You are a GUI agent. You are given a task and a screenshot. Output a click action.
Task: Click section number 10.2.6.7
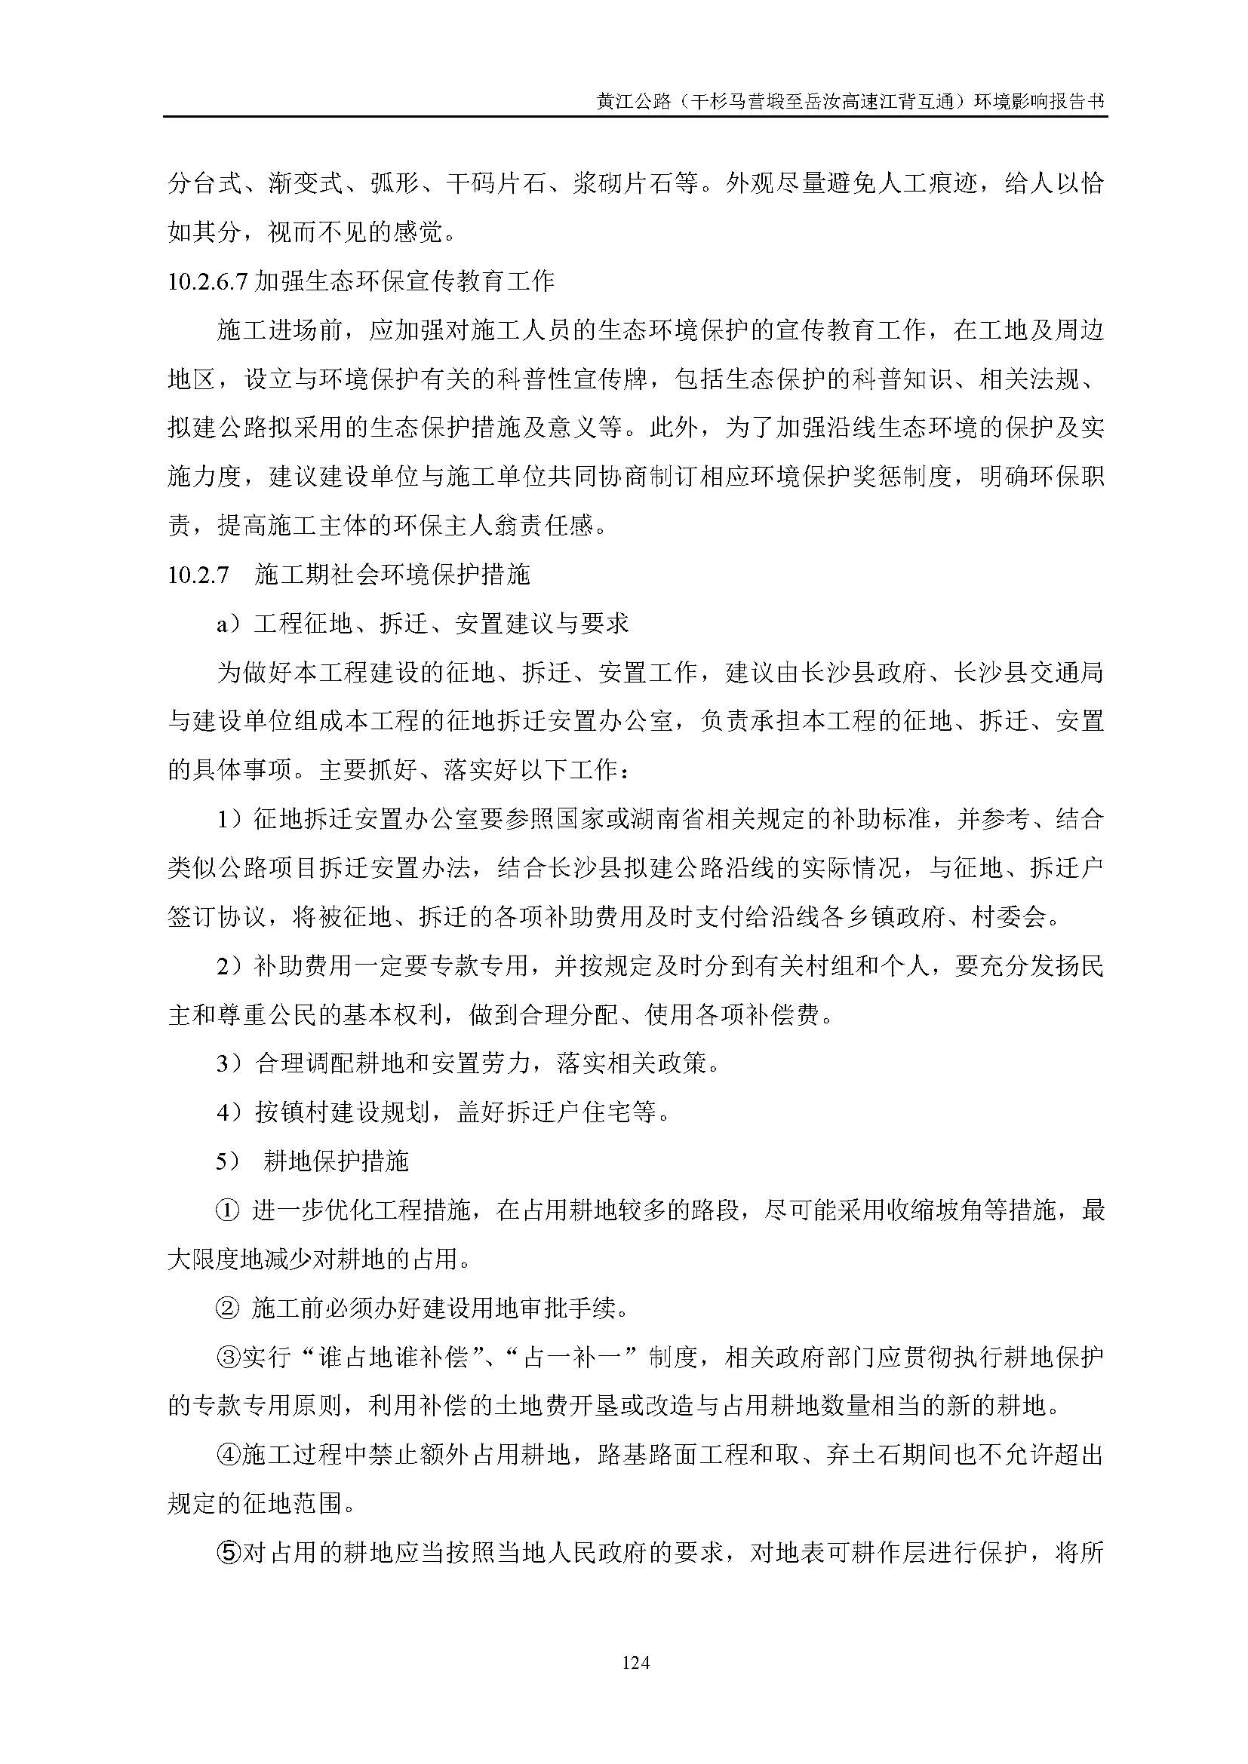pos(207,282)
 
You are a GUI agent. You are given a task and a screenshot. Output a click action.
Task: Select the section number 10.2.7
pos(198,575)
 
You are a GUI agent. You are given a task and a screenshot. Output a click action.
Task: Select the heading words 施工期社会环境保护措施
pos(392,575)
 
